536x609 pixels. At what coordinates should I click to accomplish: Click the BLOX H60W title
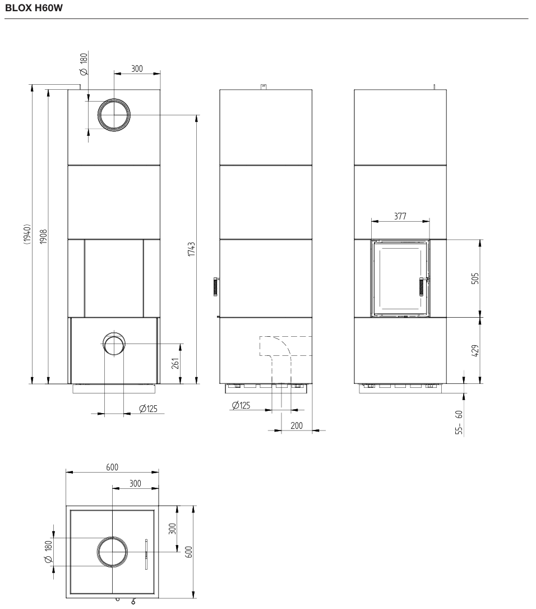34,8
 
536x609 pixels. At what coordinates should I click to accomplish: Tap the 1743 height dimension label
191,249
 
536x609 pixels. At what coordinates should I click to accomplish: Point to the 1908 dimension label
43,236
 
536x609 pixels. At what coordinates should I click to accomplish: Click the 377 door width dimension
400,216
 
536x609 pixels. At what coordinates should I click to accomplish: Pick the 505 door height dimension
475,278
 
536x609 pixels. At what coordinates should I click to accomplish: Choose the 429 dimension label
475,350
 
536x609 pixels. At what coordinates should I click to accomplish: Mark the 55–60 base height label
459,422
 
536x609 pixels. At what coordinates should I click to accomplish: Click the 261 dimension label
175,363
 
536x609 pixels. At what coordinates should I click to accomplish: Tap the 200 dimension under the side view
297,425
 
